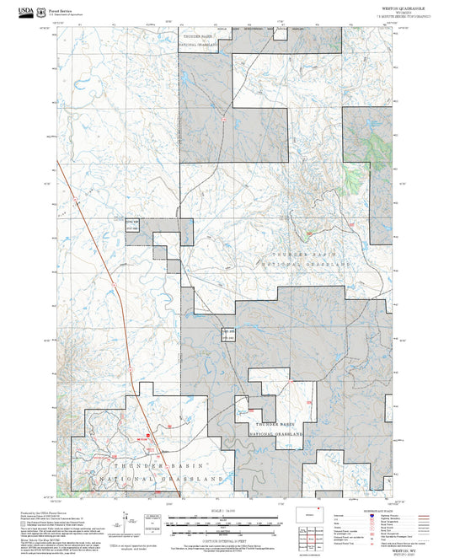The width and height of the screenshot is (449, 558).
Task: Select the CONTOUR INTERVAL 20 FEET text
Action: click(x=224, y=539)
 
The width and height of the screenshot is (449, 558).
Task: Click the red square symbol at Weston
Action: click(x=147, y=437)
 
